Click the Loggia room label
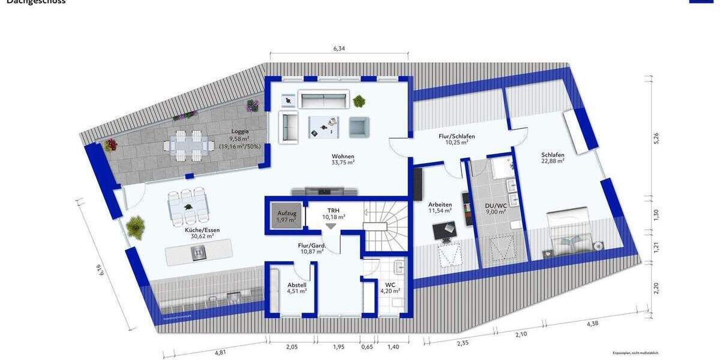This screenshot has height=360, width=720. pos(240,131)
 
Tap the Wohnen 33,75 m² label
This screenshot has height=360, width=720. pos(343,157)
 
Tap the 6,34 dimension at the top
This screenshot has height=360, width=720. pos(339,49)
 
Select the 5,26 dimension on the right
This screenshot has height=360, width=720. pos(656,138)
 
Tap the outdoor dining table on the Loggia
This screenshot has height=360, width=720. pos(188,145)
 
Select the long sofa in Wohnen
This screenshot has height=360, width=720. pos(324,99)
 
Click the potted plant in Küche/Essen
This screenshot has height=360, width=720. pos(136,227)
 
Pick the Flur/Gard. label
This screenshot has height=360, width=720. pos(311,248)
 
